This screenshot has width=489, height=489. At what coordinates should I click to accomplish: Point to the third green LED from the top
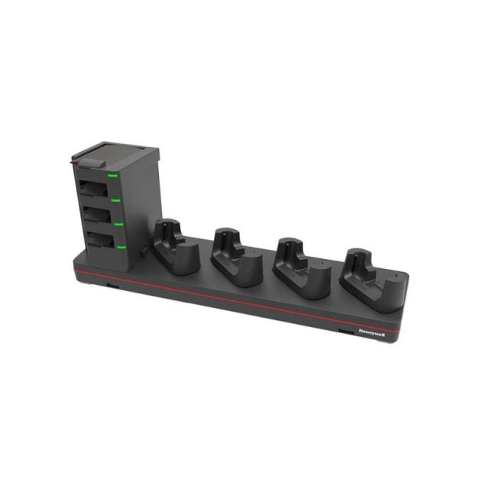(x=118, y=224)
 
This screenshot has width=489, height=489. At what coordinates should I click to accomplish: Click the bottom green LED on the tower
(x=121, y=247)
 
